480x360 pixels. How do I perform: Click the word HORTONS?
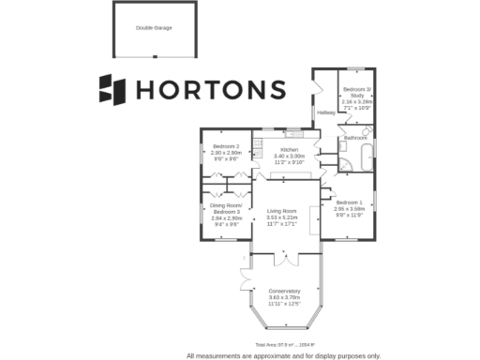pyautogui.click(x=211, y=89)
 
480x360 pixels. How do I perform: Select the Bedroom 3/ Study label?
pyautogui.click(x=357, y=91)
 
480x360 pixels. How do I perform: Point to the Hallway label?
pyautogui.click(x=325, y=112)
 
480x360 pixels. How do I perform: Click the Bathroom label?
pyautogui.click(x=355, y=138)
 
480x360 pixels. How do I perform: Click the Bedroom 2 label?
pyautogui.click(x=226, y=146)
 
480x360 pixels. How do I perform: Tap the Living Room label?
pyautogui.click(x=281, y=211)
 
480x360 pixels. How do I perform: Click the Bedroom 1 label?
pyautogui.click(x=349, y=203)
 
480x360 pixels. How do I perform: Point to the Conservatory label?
pyautogui.click(x=283, y=291)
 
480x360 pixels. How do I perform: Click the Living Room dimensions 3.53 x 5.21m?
pyautogui.click(x=281, y=217)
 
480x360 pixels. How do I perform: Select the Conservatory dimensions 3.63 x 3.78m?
pyautogui.click(x=283, y=297)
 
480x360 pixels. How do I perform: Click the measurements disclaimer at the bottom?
pyautogui.click(x=283, y=355)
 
